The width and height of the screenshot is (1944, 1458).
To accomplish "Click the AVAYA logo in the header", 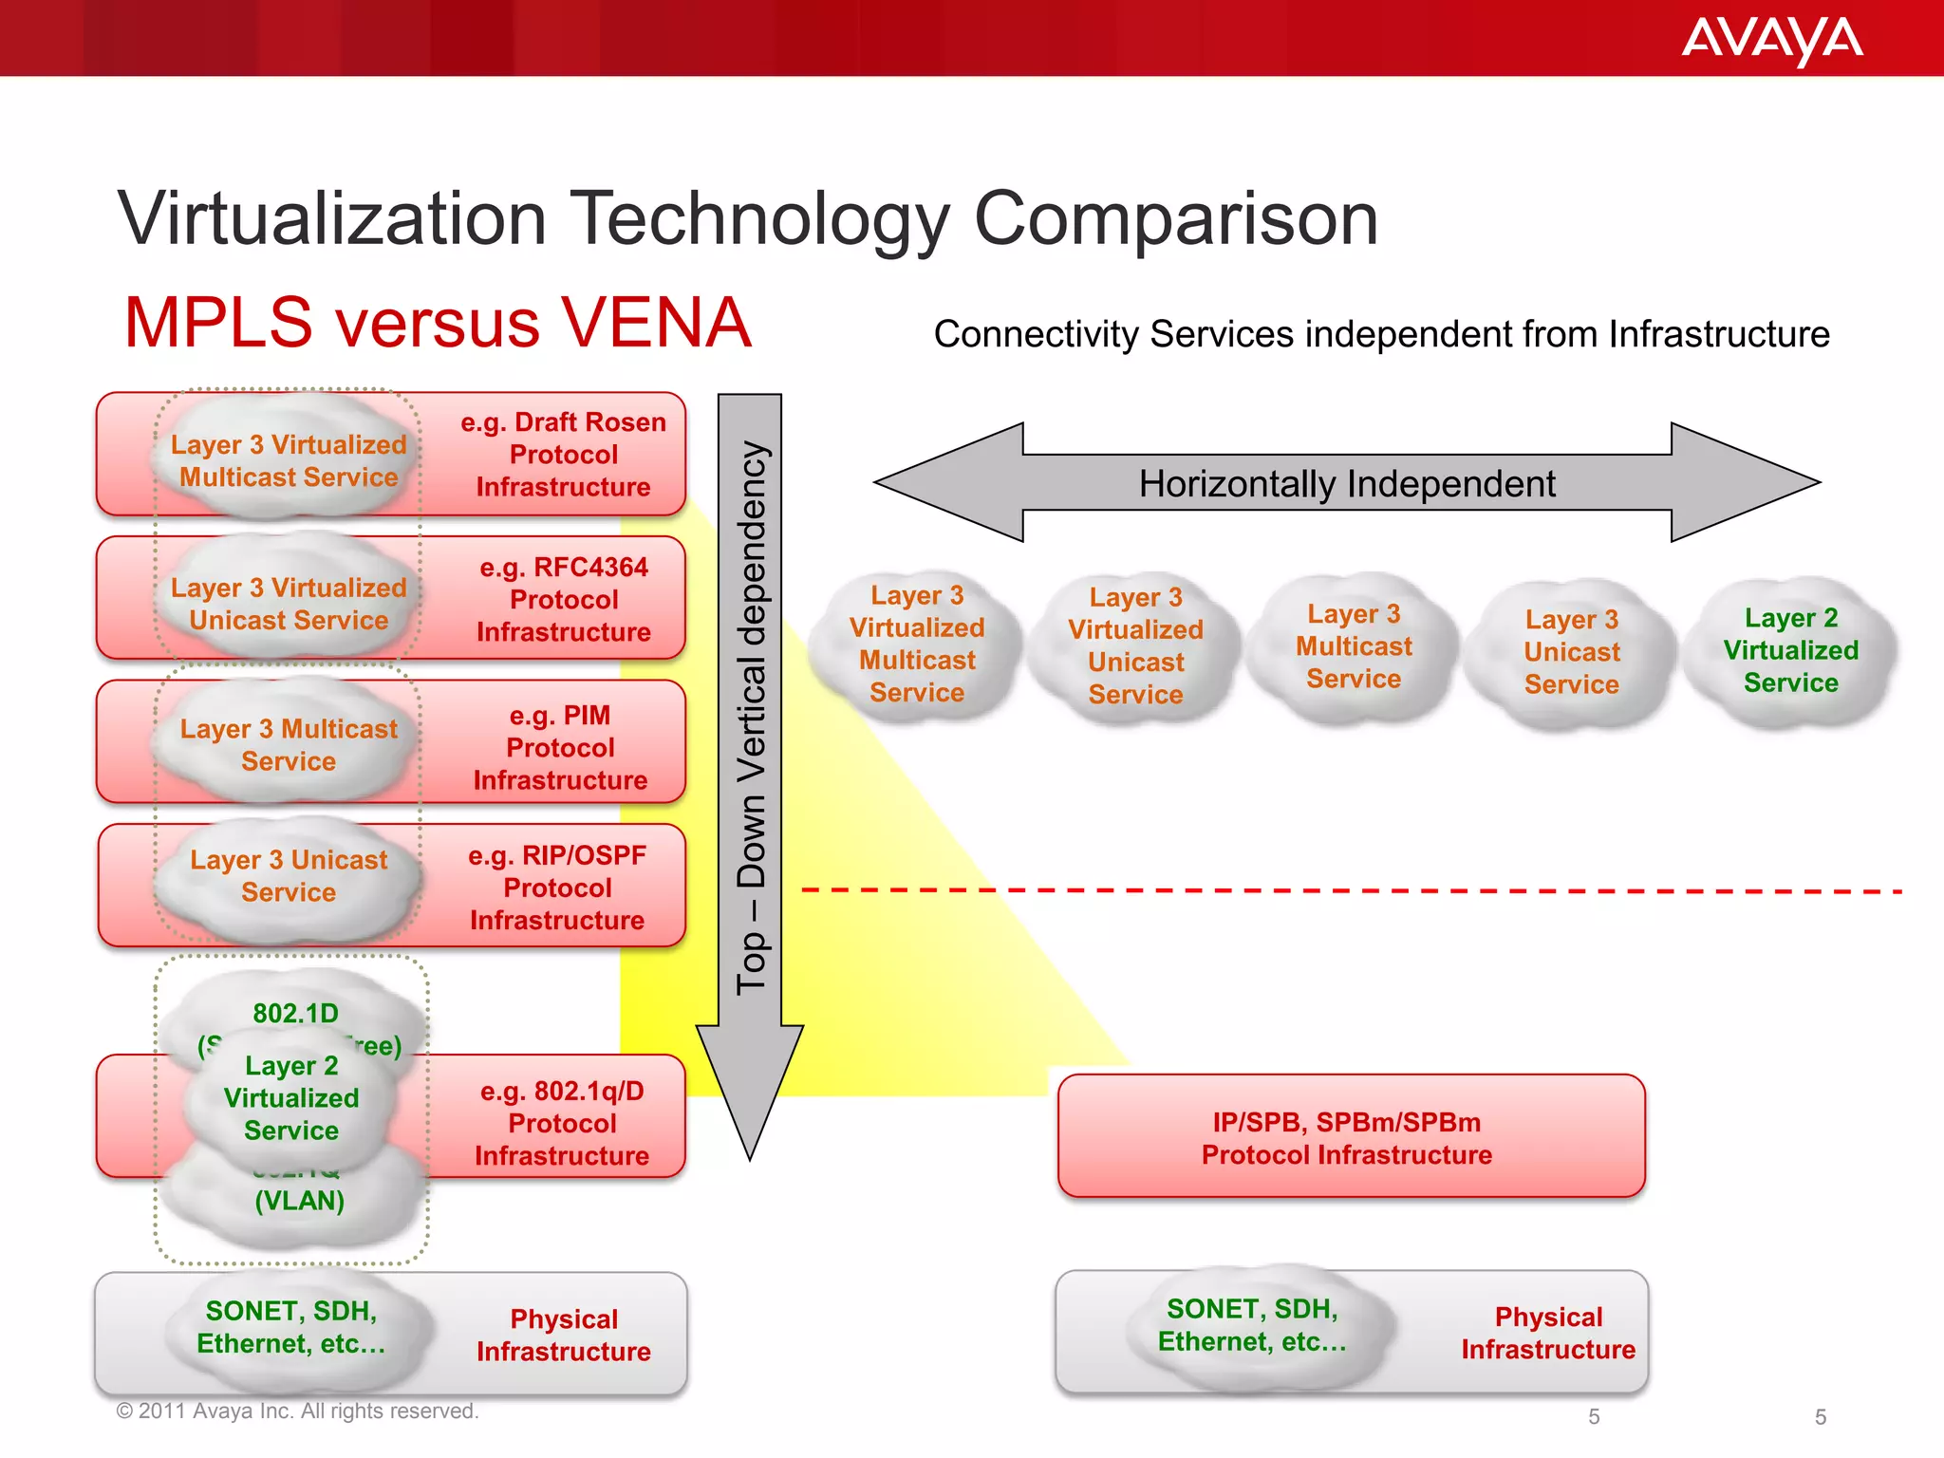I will pos(1771,40).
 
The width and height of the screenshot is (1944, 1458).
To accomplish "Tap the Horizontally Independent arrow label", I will pos(1346,484).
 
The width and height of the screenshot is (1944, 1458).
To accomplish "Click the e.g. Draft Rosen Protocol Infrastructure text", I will pos(563,455).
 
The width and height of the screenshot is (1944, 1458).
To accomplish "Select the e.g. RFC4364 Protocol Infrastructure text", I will pos(563,600).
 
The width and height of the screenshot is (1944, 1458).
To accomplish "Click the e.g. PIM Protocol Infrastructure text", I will pos(560,748).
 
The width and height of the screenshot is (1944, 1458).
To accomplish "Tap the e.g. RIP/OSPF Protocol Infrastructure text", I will pos(557,888).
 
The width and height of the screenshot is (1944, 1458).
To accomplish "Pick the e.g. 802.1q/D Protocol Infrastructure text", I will pos(562,1124).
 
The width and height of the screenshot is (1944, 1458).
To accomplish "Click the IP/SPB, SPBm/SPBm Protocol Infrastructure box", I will pos(1350,1137).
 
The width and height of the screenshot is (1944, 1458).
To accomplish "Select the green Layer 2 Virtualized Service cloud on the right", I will pos(1790,651).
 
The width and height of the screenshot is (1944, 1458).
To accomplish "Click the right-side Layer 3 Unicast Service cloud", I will pos(1571,652).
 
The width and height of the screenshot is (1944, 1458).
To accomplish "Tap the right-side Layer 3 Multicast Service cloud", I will pos(1354,647).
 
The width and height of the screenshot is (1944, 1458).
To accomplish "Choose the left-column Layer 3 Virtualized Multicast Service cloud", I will pos(289,461).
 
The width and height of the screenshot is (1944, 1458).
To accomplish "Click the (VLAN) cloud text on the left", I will pos(299,1202).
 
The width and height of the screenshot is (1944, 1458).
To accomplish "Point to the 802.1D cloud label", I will pos(295,1013).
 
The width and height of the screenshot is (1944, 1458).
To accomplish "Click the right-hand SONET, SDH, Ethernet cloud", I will pos(1252,1325).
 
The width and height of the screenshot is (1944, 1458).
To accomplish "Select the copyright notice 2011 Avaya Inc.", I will pos(297,1411).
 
